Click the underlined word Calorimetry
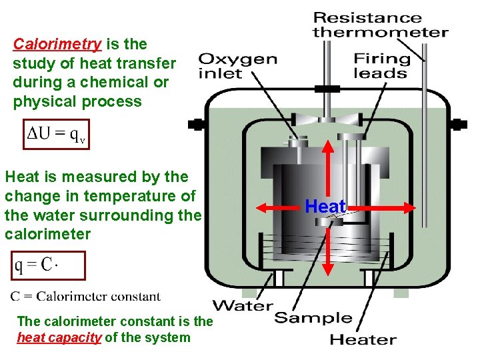coord(57,45)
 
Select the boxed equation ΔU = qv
coord(55,133)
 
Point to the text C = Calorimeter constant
coord(85,296)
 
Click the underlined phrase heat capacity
coord(59,337)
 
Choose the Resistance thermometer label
coord(380,25)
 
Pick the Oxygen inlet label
coord(238,65)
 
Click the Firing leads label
coord(383,65)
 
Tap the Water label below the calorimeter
coord(243,306)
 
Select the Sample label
coord(313,317)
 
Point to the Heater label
coord(363,339)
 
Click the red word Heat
coord(325,207)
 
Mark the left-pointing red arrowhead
coord(262,207)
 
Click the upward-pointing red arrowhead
coord(327,146)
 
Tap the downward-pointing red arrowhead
coord(327,269)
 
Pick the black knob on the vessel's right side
coord(459,124)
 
